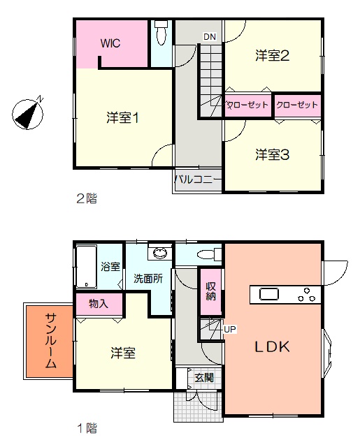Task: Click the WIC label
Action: pyautogui.click(x=110, y=43)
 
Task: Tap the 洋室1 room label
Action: pyautogui.click(x=122, y=118)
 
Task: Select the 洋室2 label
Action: pyautogui.click(x=273, y=56)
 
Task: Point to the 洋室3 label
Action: pyautogui.click(x=273, y=155)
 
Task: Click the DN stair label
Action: pyautogui.click(x=210, y=37)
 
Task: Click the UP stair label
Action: pyautogui.click(x=230, y=329)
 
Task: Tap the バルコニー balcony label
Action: pyautogui.click(x=198, y=179)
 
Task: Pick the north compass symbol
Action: pyautogui.click(x=28, y=114)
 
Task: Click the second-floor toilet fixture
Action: pyautogui.click(x=161, y=32)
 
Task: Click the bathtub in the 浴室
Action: pyautogui.click(x=86, y=267)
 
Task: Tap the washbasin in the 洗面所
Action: pyautogui.click(x=160, y=253)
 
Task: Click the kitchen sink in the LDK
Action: pyautogui.click(x=269, y=295)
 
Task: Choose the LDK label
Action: pyautogui.click(x=272, y=347)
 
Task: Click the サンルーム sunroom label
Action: pyautogui.click(x=51, y=341)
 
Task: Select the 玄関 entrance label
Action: pyautogui.click(x=204, y=377)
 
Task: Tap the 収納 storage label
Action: pyautogui.click(x=210, y=291)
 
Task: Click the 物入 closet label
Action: pyautogui.click(x=99, y=304)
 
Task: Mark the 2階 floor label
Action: pyautogui.click(x=87, y=198)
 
